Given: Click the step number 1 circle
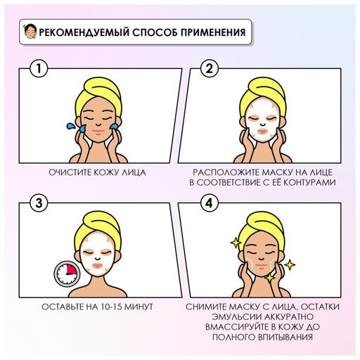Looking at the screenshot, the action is click(x=39, y=69).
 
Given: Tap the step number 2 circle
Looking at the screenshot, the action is click(x=209, y=69).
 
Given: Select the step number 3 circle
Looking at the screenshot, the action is click(x=39, y=203).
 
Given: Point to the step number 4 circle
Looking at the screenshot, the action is click(x=209, y=203).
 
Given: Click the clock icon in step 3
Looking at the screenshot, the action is click(x=67, y=274).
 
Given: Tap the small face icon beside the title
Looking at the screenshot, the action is click(x=30, y=32).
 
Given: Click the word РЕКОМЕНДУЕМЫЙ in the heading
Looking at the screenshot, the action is click(x=84, y=32).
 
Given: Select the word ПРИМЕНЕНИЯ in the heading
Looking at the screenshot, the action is click(x=213, y=32).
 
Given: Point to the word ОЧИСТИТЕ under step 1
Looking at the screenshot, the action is click(x=70, y=172).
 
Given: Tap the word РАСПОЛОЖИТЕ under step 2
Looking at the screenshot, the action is click(x=226, y=172).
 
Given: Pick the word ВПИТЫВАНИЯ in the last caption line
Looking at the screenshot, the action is click(x=285, y=337).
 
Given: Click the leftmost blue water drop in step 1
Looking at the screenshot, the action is click(x=70, y=127).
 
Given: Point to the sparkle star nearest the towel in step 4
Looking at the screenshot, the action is click(x=235, y=243).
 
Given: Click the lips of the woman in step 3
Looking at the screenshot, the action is click(x=98, y=266).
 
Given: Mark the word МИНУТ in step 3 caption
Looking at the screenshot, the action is click(x=139, y=307).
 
